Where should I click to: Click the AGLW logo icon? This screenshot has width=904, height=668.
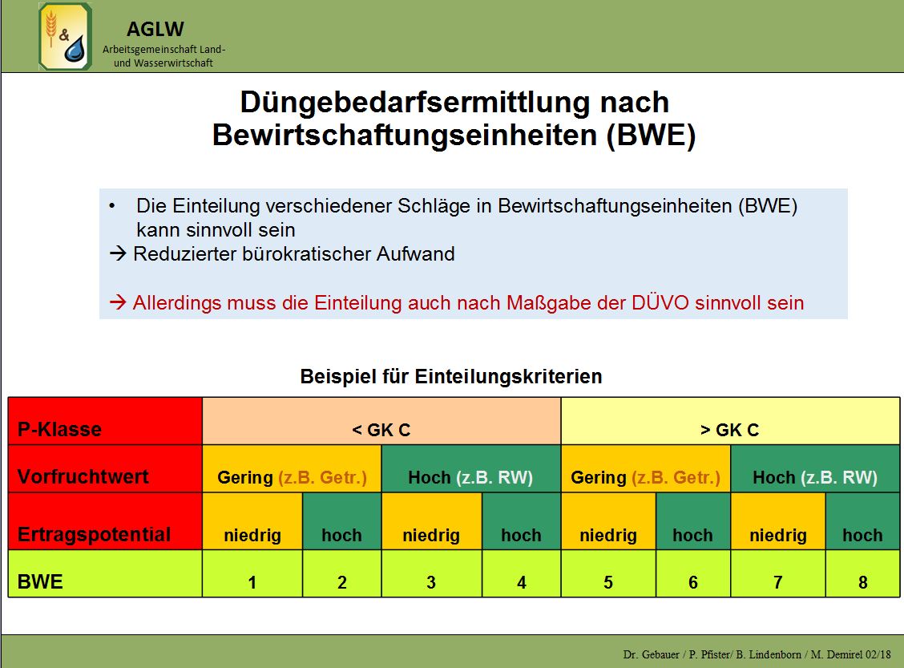tap(65, 36)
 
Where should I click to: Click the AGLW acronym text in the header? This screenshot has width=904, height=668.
tap(155, 29)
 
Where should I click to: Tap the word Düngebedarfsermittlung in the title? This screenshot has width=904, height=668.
tap(414, 103)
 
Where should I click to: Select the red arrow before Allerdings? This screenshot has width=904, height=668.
tap(118, 302)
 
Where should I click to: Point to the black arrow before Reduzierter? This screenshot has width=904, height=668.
tap(118, 253)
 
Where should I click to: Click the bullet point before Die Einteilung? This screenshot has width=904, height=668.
tap(112, 206)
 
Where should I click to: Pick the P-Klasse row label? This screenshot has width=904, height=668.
tap(59, 429)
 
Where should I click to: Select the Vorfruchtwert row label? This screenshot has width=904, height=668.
tap(83, 476)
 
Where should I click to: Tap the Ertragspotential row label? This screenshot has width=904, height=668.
tap(94, 534)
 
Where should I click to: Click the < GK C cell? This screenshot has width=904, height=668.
tap(381, 421)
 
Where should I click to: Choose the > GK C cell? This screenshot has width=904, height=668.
tap(730, 421)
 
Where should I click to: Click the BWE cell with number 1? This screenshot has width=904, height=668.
tap(252, 573)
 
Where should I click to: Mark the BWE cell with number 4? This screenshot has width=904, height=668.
tap(521, 573)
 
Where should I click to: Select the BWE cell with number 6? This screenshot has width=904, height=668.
tap(693, 573)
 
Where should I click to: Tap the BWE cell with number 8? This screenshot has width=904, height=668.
tap(862, 573)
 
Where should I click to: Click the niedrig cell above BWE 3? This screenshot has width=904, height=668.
tap(431, 521)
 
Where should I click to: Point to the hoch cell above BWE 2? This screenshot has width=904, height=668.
tap(342, 521)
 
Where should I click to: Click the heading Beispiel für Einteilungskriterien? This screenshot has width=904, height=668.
tap(451, 376)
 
